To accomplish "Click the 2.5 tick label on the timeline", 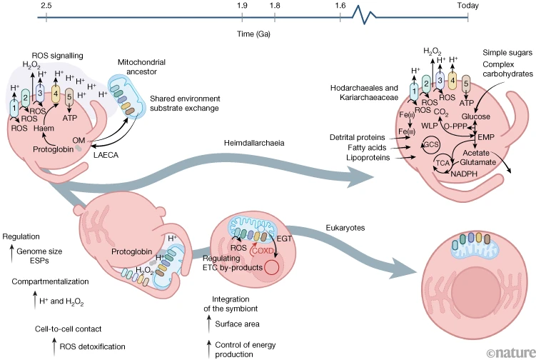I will [46, 6].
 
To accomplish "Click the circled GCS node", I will [430, 145].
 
